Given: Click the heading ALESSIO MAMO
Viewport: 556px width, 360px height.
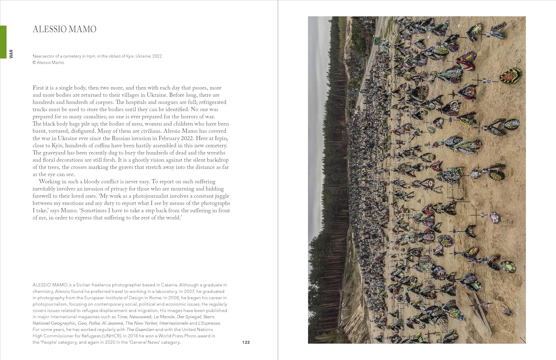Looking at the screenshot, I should pos(64,29).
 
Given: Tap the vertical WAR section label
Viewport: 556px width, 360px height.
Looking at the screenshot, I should pos(11,54).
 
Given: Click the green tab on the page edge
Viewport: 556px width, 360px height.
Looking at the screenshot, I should pos(3,42).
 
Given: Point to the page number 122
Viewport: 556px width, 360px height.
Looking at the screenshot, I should pos(246,342).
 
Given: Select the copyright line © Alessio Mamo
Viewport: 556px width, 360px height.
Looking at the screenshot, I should pos(48,62).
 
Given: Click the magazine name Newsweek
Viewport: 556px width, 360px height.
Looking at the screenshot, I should pos(141,317).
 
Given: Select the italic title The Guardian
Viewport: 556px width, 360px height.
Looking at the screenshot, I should pos(140,330).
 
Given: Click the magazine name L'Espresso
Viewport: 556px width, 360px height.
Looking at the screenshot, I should pos(209,323).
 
